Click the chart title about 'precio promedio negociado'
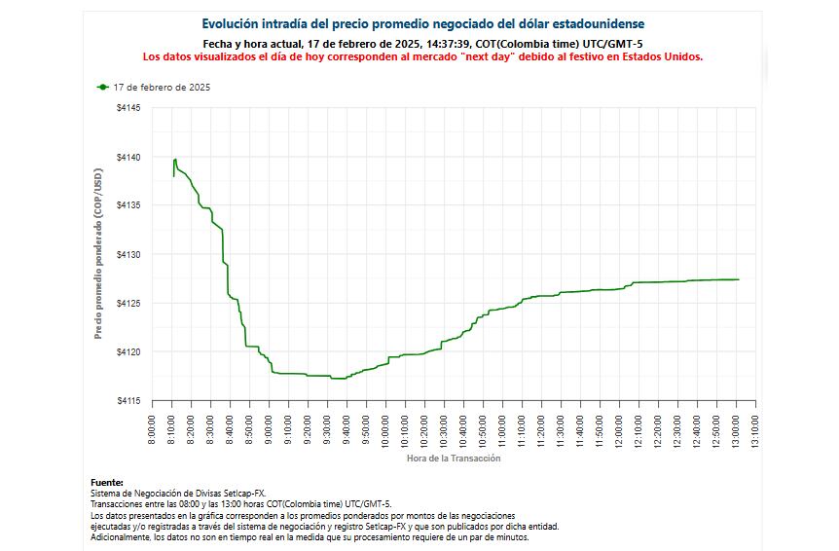point(422,23)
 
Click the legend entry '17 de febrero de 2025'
point(162,88)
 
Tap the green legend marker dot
point(103,88)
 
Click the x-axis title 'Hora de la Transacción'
point(454,458)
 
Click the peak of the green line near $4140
point(175,159)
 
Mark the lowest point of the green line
point(338,379)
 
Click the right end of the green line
point(738,279)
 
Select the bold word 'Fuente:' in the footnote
point(107,483)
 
